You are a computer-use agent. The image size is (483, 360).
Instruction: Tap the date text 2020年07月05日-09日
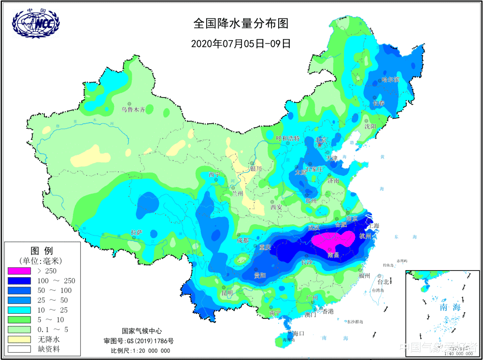pyautogui.click(x=241, y=43)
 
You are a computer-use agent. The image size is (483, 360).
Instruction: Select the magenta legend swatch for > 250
pyautogui.click(x=19, y=271)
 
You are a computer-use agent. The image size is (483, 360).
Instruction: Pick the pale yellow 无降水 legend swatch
pyautogui.click(x=19, y=339)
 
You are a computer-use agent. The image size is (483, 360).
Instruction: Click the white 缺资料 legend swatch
pyautogui.click(x=19, y=349)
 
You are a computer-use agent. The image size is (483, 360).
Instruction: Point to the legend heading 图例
pyautogui.click(x=42, y=251)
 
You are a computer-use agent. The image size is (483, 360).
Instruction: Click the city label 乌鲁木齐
pyautogui.click(x=133, y=110)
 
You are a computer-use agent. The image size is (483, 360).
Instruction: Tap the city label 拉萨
pyautogui.click(x=137, y=233)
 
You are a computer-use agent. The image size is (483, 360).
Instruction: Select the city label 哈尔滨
pyautogui.click(x=390, y=79)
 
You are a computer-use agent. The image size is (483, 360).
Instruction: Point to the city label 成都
pyautogui.click(x=243, y=240)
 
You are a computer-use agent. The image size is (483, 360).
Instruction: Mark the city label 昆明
pyautogui.click(x=227, y=293)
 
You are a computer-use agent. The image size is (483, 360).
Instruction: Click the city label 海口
pyautogui.click(x=298, y=333)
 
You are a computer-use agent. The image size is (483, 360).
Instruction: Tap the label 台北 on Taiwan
pyautogui.click(x=383, y=281)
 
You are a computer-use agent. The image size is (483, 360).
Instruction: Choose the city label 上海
pyautogui.click(x=373, y=225)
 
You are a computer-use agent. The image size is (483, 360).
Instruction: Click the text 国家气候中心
pyautogui.click(x=141, y=331)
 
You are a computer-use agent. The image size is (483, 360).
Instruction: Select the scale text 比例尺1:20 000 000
pyautogui.click(x=140, y=351)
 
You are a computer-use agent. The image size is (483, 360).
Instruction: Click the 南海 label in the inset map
pyautogui.click(x=450, y=307)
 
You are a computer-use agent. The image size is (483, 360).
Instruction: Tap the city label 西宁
pyautogui.click(x=214, y=174)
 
